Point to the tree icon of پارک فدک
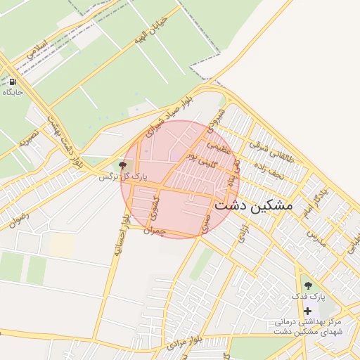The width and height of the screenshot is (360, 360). tap(308, 285)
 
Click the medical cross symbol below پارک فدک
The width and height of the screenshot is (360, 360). tap(307, 310)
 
